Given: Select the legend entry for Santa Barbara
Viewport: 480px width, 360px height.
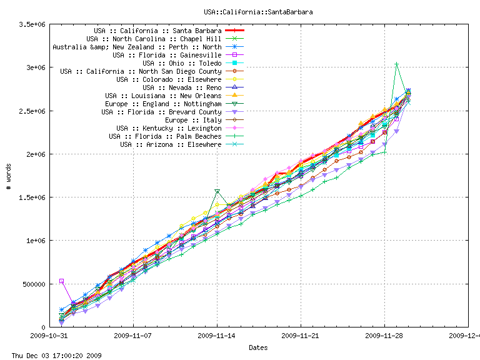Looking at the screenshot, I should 157,31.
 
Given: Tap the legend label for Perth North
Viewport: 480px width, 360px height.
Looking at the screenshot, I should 137,47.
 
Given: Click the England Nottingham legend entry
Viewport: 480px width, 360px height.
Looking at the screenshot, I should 163,104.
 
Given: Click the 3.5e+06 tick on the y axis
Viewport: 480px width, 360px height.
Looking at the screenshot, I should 32,24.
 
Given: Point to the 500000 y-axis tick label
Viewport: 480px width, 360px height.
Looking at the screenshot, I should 34,284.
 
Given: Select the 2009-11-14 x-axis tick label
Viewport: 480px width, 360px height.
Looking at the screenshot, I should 217,336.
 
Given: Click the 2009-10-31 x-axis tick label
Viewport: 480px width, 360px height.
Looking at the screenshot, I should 50,336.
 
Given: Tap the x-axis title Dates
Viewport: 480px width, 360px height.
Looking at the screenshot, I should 258,347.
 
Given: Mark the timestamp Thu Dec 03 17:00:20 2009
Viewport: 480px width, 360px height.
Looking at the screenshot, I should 52,355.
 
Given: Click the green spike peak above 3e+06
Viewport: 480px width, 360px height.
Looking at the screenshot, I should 396,64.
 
